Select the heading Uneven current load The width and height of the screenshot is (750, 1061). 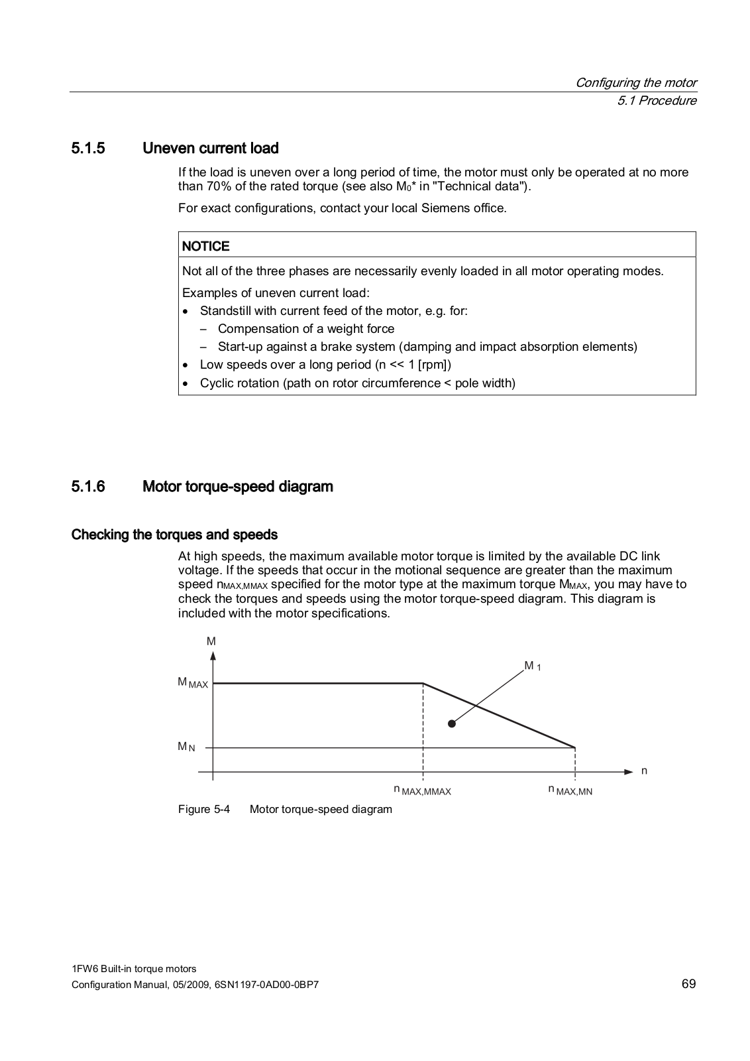tap(210, 148)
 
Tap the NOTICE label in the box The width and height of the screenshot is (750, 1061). tap(205, 246)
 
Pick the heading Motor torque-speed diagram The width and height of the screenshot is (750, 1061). tap(238, 486)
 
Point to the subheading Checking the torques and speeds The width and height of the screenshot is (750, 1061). tap(174, 534)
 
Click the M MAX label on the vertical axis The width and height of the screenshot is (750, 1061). tap(192, 682)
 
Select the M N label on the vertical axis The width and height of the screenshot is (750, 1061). tap(186, 747)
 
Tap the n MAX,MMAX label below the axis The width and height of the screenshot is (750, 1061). tap(422, 790)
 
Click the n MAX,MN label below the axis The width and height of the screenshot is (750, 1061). tap(570, 790)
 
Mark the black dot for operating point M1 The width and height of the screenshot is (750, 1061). tap(451, 723)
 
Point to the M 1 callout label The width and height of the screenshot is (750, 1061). tap(532, 665)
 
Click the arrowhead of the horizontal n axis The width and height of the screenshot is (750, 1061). tap(629, 771)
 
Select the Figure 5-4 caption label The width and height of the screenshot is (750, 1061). tap(204, 809)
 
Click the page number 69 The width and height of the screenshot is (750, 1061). tap(688, 983)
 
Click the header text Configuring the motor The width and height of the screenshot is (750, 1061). tap(635, 82)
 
